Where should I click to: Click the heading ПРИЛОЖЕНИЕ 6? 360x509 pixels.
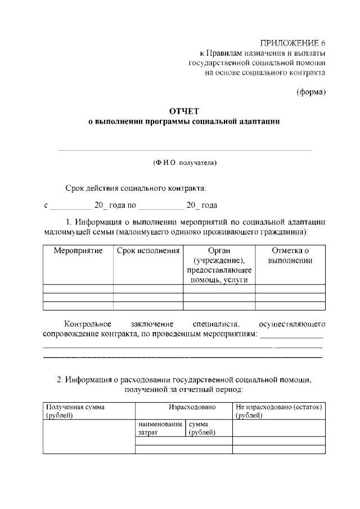[293, 43]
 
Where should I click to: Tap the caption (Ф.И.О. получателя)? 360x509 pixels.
[184, 163]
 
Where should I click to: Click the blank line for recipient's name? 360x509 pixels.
[184, 150]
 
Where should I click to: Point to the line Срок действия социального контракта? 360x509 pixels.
[136, 187]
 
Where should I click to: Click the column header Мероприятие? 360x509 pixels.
[78, 250]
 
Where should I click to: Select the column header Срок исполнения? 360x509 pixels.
[148, 250]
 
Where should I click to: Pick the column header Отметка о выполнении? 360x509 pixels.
[290, 255]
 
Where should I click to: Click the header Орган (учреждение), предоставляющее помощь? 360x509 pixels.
[219, 265]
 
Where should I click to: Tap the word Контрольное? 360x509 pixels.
[88, 324]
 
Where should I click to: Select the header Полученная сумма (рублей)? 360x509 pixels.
[75, 411]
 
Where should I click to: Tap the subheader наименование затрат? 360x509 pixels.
[160, 429]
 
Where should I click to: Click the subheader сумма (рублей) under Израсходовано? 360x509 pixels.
[202, 429]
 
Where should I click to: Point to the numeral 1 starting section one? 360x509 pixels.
[69, 222]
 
